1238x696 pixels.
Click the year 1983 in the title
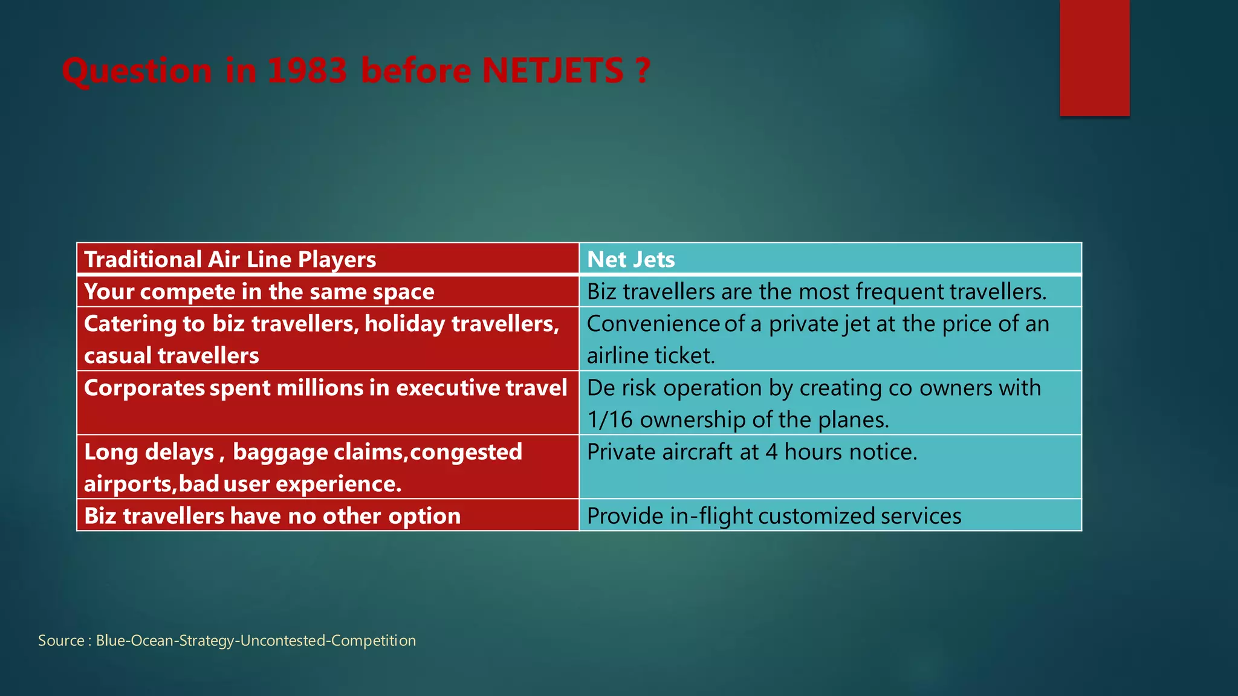[306, 71]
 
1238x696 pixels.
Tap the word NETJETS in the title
[553, 71]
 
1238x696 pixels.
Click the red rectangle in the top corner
[1094, 58]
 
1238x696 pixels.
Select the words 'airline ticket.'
[651, 356]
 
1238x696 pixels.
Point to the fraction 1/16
[610, 420]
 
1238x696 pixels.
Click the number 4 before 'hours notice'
[771, 452]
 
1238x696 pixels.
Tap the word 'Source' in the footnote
[61, 640]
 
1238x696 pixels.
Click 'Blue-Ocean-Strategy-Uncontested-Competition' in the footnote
[256, 640]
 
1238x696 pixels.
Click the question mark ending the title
[643, 71]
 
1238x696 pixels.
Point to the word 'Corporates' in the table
[144, 388]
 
